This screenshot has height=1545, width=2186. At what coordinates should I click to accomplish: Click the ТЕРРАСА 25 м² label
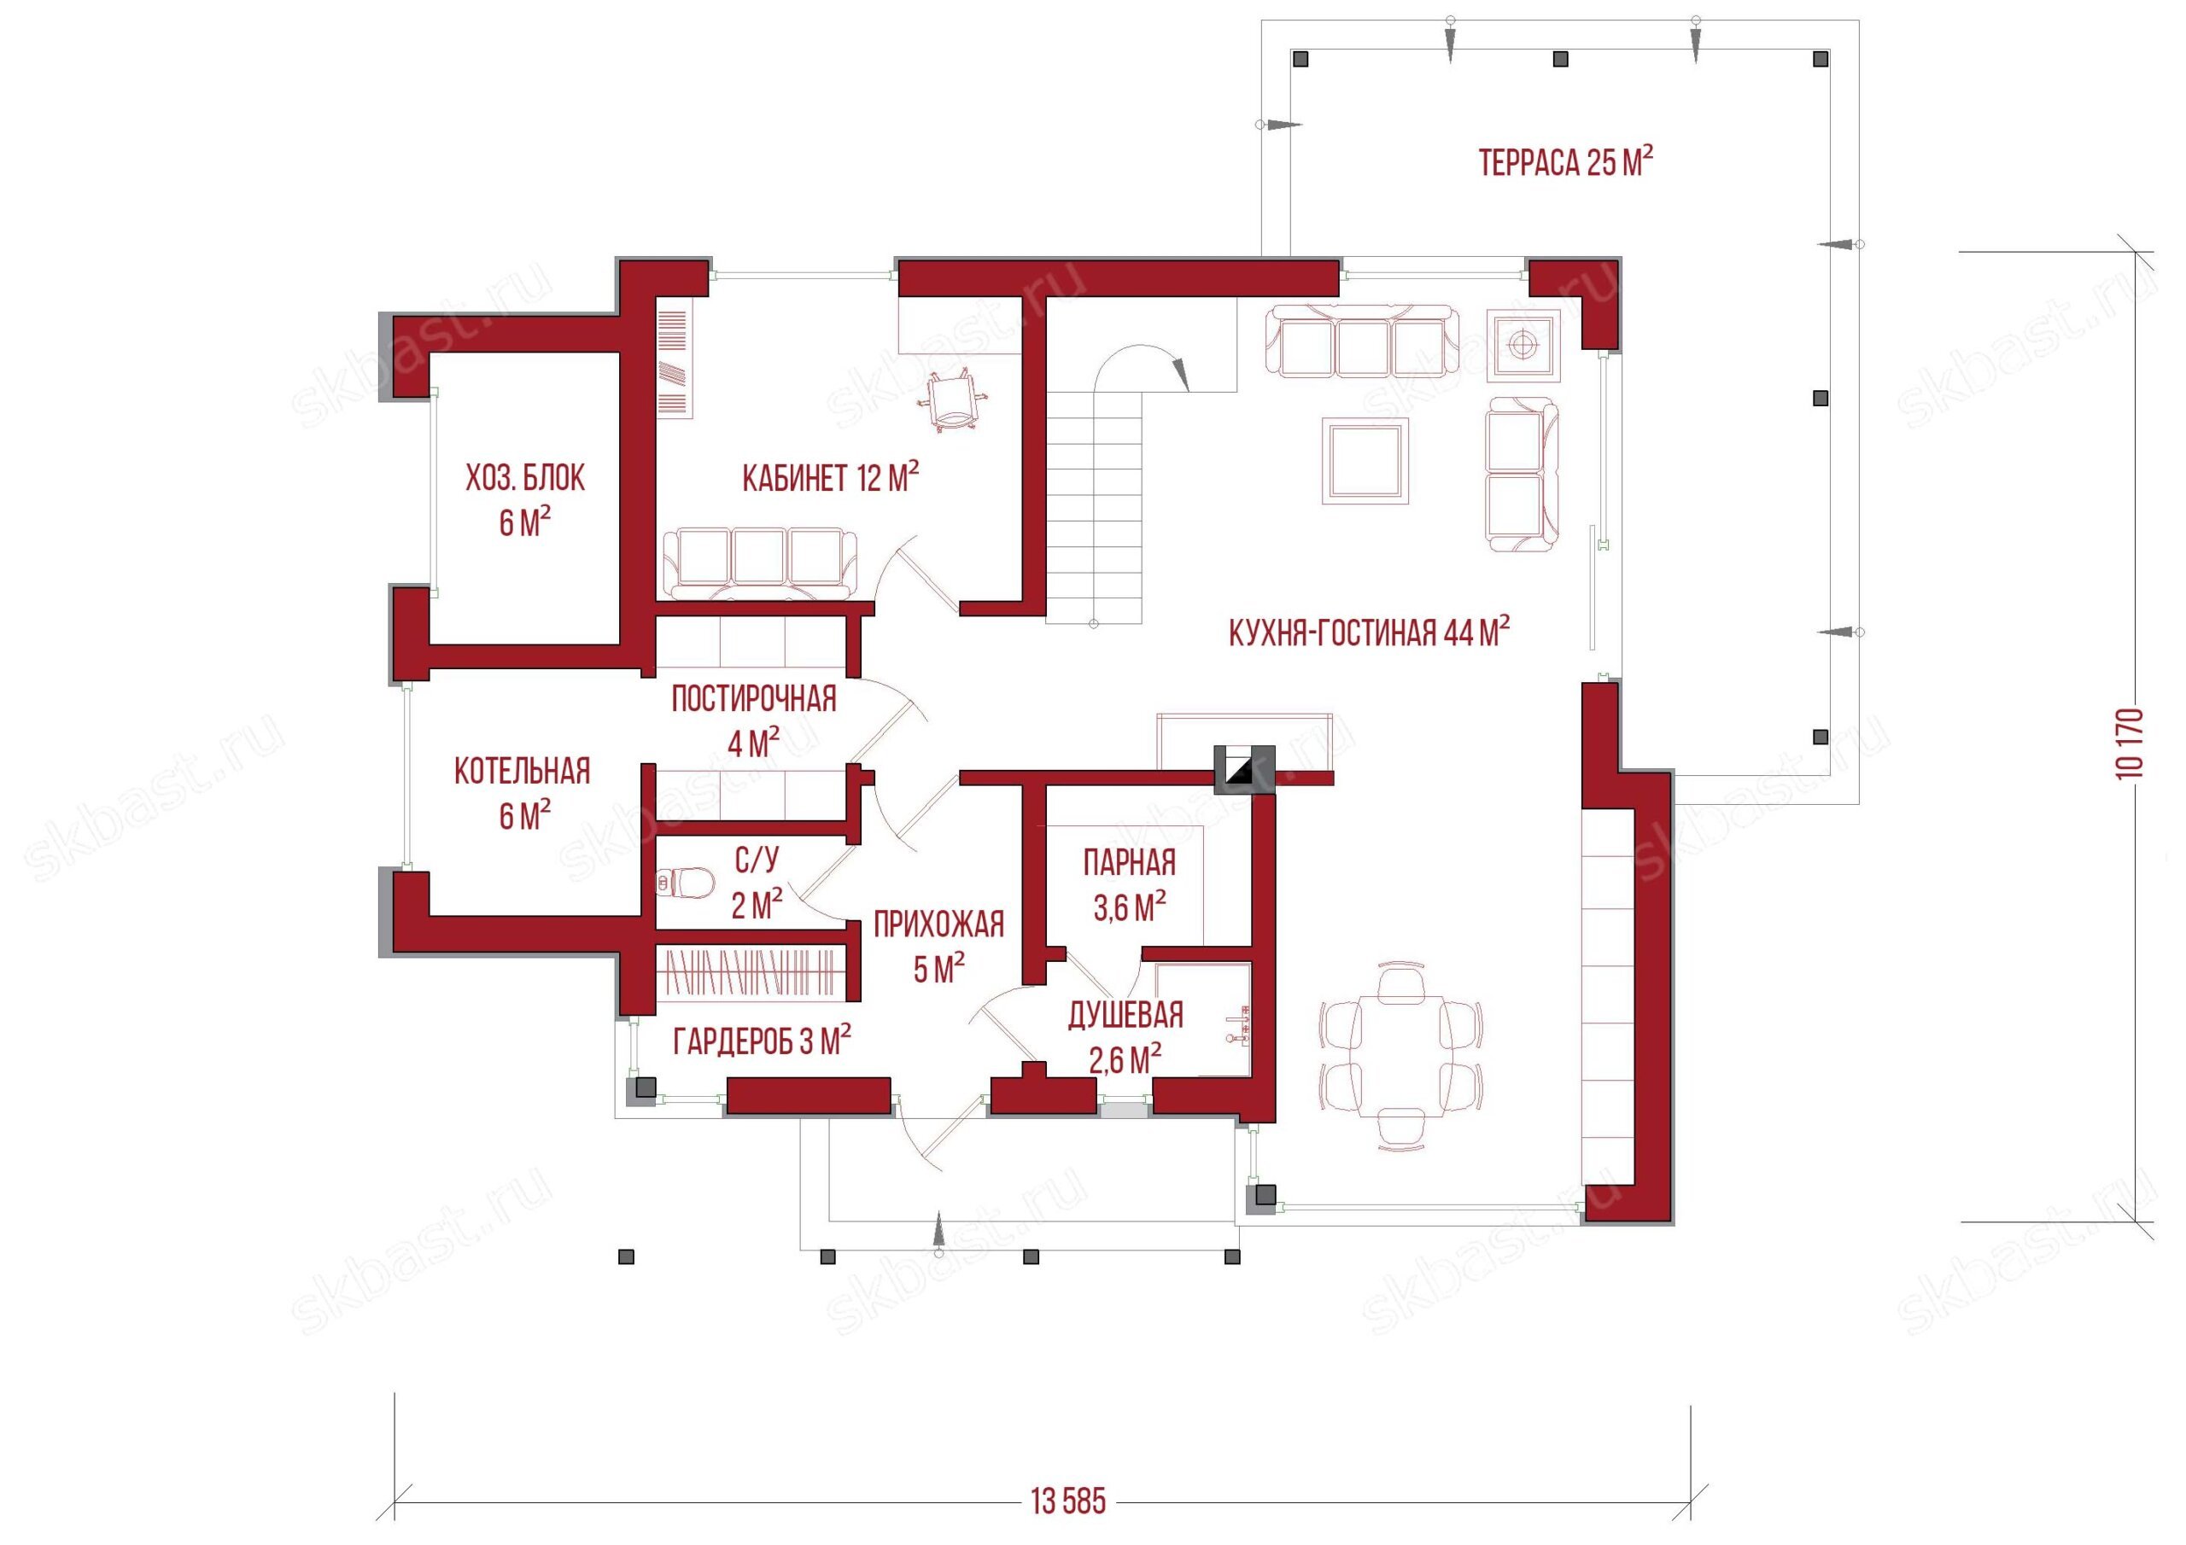(1565, 163)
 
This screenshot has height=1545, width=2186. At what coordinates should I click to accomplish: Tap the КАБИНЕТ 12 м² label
(830, 477)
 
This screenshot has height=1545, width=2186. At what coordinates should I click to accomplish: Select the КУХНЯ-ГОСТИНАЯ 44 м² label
(1369, 633)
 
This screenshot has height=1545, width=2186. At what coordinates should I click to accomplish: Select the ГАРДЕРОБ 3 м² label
(762, 1042)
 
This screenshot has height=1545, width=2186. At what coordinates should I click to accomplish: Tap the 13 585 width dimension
(1068, 1502)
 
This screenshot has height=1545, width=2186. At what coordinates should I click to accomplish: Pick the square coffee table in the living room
(1365, 461)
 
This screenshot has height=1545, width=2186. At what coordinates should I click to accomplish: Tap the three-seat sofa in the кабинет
(760, 563)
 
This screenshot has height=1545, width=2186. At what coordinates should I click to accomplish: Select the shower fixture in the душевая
(1240, 1025)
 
